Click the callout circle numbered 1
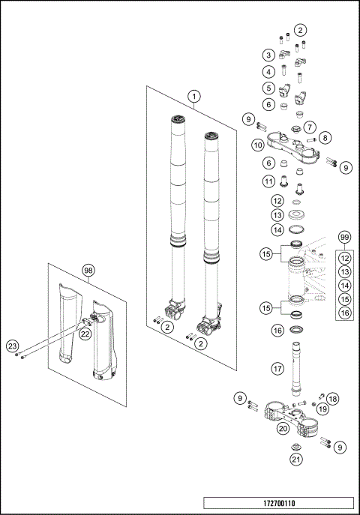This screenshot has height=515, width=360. coord(194,97)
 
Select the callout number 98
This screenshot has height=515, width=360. coord(88,271)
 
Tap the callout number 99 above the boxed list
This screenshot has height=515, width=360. coord(344,237)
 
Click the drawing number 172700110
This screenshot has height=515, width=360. coord(279,503)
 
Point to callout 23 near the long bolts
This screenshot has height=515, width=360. coord(12,346)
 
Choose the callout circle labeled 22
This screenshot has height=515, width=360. coord(85,334)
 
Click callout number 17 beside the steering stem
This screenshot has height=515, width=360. coord(277,369)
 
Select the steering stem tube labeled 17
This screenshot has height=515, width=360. coord(296,369)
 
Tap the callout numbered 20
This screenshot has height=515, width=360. coord(283,428)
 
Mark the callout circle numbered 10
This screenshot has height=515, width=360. coord(258,145)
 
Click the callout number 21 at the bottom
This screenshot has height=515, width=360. coord(296,460)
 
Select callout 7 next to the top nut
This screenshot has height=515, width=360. coord(310,127)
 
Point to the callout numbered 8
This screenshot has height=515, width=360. coord(325,138)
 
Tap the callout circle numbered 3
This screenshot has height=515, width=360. coord(268,55)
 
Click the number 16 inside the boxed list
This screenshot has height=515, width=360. coord(344,313)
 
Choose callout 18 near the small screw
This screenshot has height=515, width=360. coord(333,399)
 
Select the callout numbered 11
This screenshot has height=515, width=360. coord(268,181)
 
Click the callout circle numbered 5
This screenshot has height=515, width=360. coord(268,88)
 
